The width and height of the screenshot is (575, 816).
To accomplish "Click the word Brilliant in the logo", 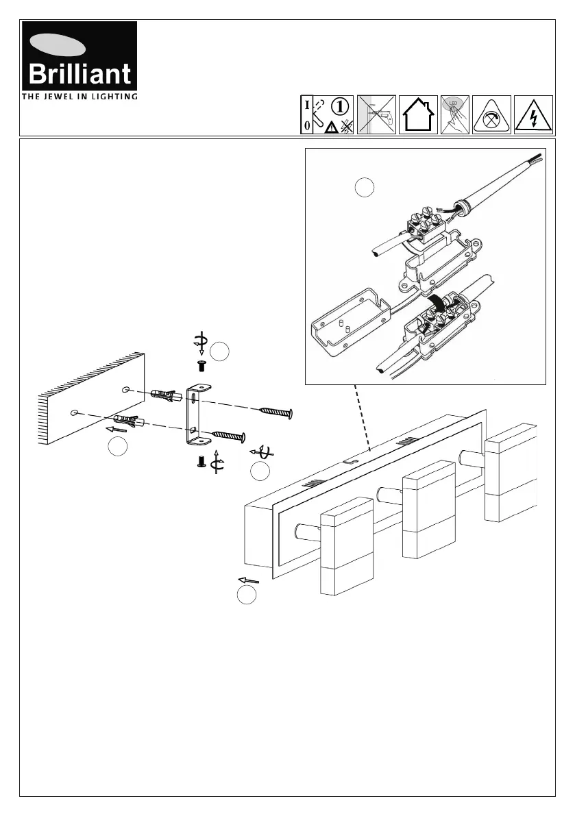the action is point(79,73).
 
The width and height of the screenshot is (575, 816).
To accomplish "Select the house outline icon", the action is point(417,114).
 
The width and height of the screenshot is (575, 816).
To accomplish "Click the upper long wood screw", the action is point(276,412).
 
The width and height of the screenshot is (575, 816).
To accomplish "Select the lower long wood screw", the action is point(228,434).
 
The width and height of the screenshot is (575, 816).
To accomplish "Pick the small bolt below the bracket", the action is point(201,462).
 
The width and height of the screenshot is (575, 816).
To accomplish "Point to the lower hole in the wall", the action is point(74,414).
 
